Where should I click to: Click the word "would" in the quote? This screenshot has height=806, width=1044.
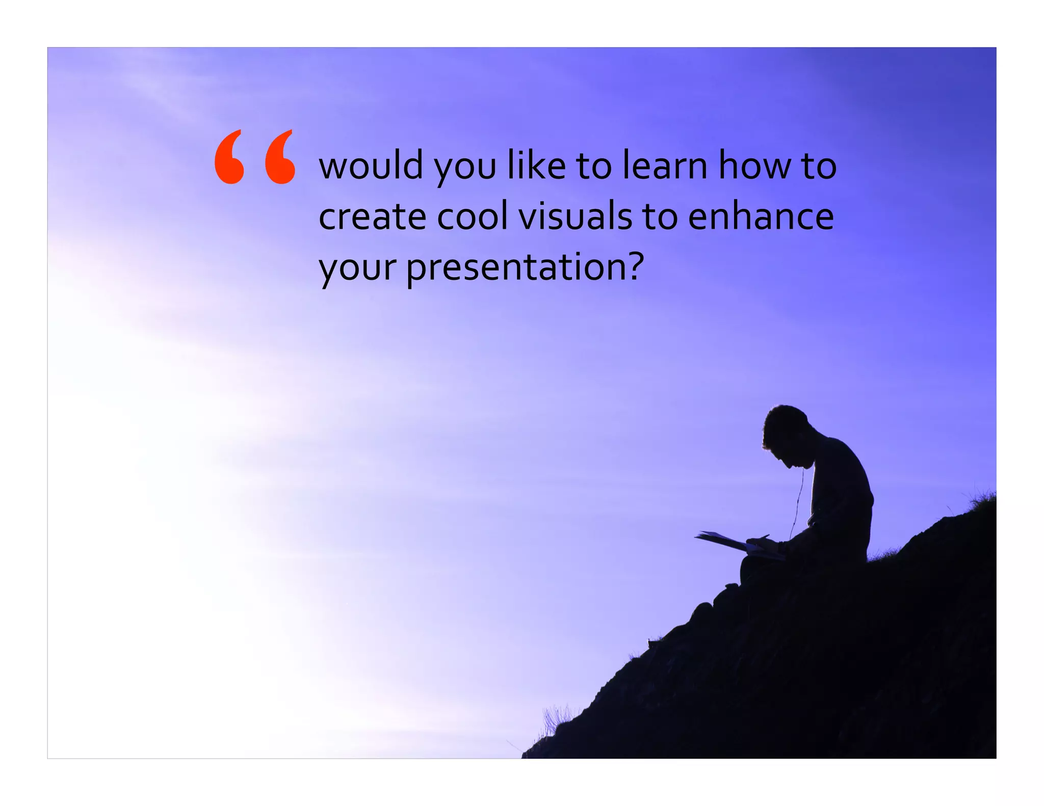click(x=371, y=165)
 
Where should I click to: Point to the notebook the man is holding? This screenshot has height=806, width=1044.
click(x=724, y=542)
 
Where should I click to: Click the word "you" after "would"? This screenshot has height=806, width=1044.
click(x=464, y=168)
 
